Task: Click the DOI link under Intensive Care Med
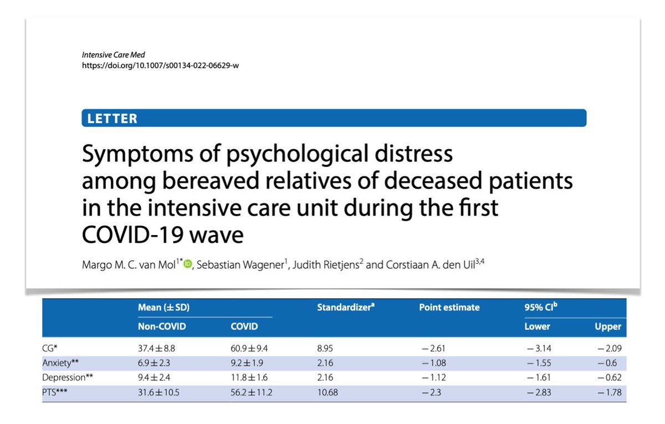161,65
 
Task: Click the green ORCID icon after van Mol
187,265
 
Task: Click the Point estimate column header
449,308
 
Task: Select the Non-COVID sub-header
161,326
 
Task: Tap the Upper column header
608,326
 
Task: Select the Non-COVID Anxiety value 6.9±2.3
157,364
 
